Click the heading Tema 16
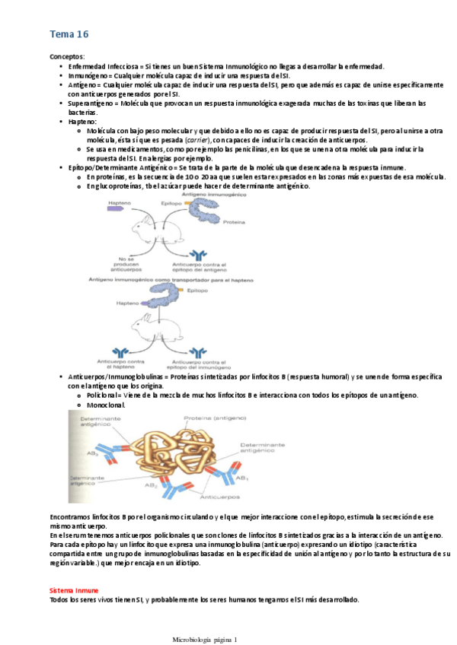(69, 35)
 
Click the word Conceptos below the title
(67, 57)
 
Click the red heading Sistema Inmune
(73, 590)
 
